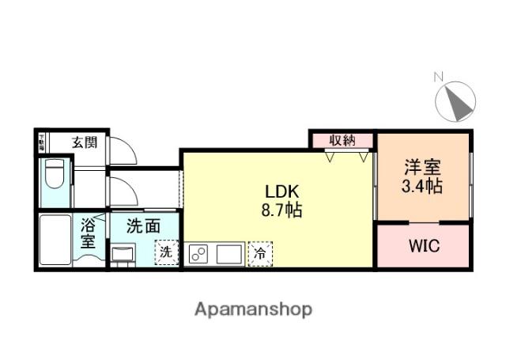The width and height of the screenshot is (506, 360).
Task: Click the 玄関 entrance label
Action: click(x=85, y=142)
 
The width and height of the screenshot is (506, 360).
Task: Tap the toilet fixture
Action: click(x=55, y=174)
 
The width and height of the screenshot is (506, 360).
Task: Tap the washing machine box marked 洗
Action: click(x=166, y=252)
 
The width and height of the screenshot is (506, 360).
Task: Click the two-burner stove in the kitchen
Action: click(x=198, y=254)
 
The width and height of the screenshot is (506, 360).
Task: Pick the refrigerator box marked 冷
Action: click(x=259, y=254)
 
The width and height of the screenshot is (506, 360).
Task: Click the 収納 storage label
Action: click(x=342, y=140)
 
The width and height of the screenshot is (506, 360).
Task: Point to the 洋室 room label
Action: click(x=423, y=168)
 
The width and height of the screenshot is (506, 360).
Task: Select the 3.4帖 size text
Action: click(x=423, y=187)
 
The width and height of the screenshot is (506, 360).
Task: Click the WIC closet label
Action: click(x=424, y=245)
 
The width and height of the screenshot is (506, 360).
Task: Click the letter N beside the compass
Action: click(x=438, y=77)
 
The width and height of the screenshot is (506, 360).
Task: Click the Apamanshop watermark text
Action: click(x=253, y=309)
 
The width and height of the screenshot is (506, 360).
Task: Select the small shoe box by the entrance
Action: click(x=42, y=142)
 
